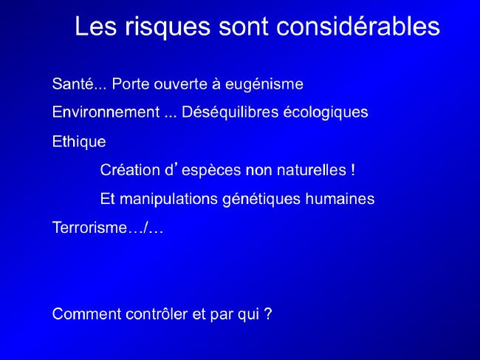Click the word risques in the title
[x=168, y=27]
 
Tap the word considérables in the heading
[x=358, y=26]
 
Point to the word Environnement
[x=106, y=112]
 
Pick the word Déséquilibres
[x=230, y=112]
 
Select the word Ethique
[x=79, y=142]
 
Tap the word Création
[x=130, y=170]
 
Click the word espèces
[x=211, y=171]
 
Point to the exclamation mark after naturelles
[x=353, y=170]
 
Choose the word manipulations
[x=168, y=199]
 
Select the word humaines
[x=340, y=199]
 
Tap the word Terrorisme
[x=89, y=228]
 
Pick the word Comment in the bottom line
[x=86, y=314]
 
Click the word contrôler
[x=157, y=314]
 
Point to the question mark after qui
[x=268, y=314]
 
